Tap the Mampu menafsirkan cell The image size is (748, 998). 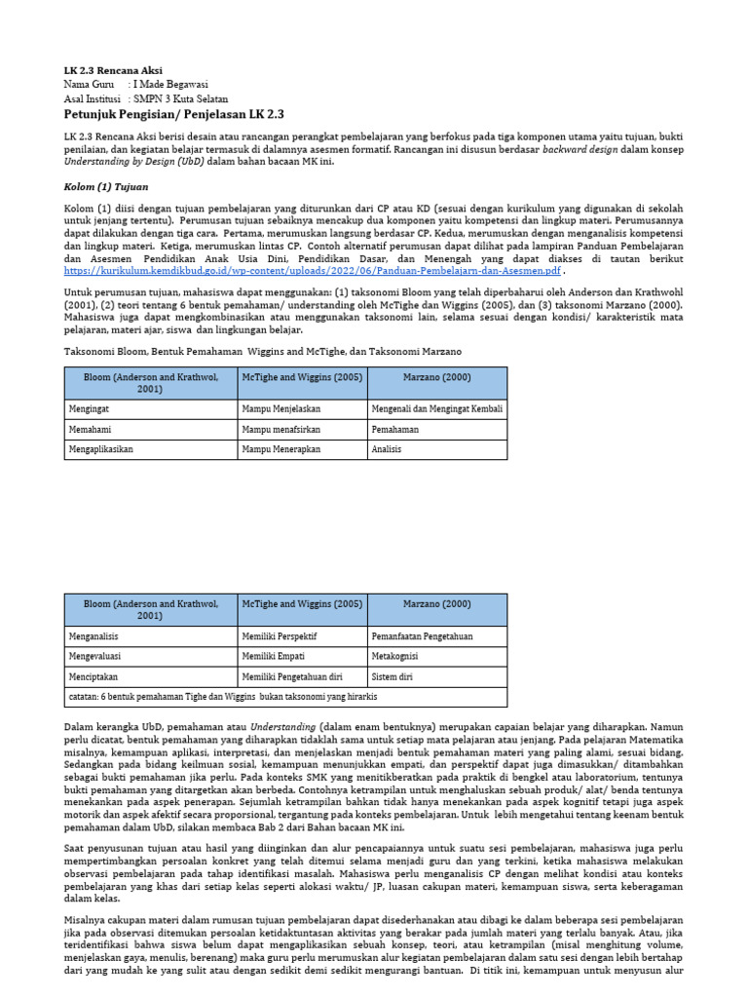(284, 429)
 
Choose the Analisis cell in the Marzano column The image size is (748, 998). (387, 450)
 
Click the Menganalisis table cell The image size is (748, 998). (95, 635)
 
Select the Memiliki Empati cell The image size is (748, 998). (279, 656)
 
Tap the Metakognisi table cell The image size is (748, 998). (396, 656)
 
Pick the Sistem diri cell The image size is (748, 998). (392, 676)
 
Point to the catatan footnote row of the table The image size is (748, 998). (223, 697)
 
